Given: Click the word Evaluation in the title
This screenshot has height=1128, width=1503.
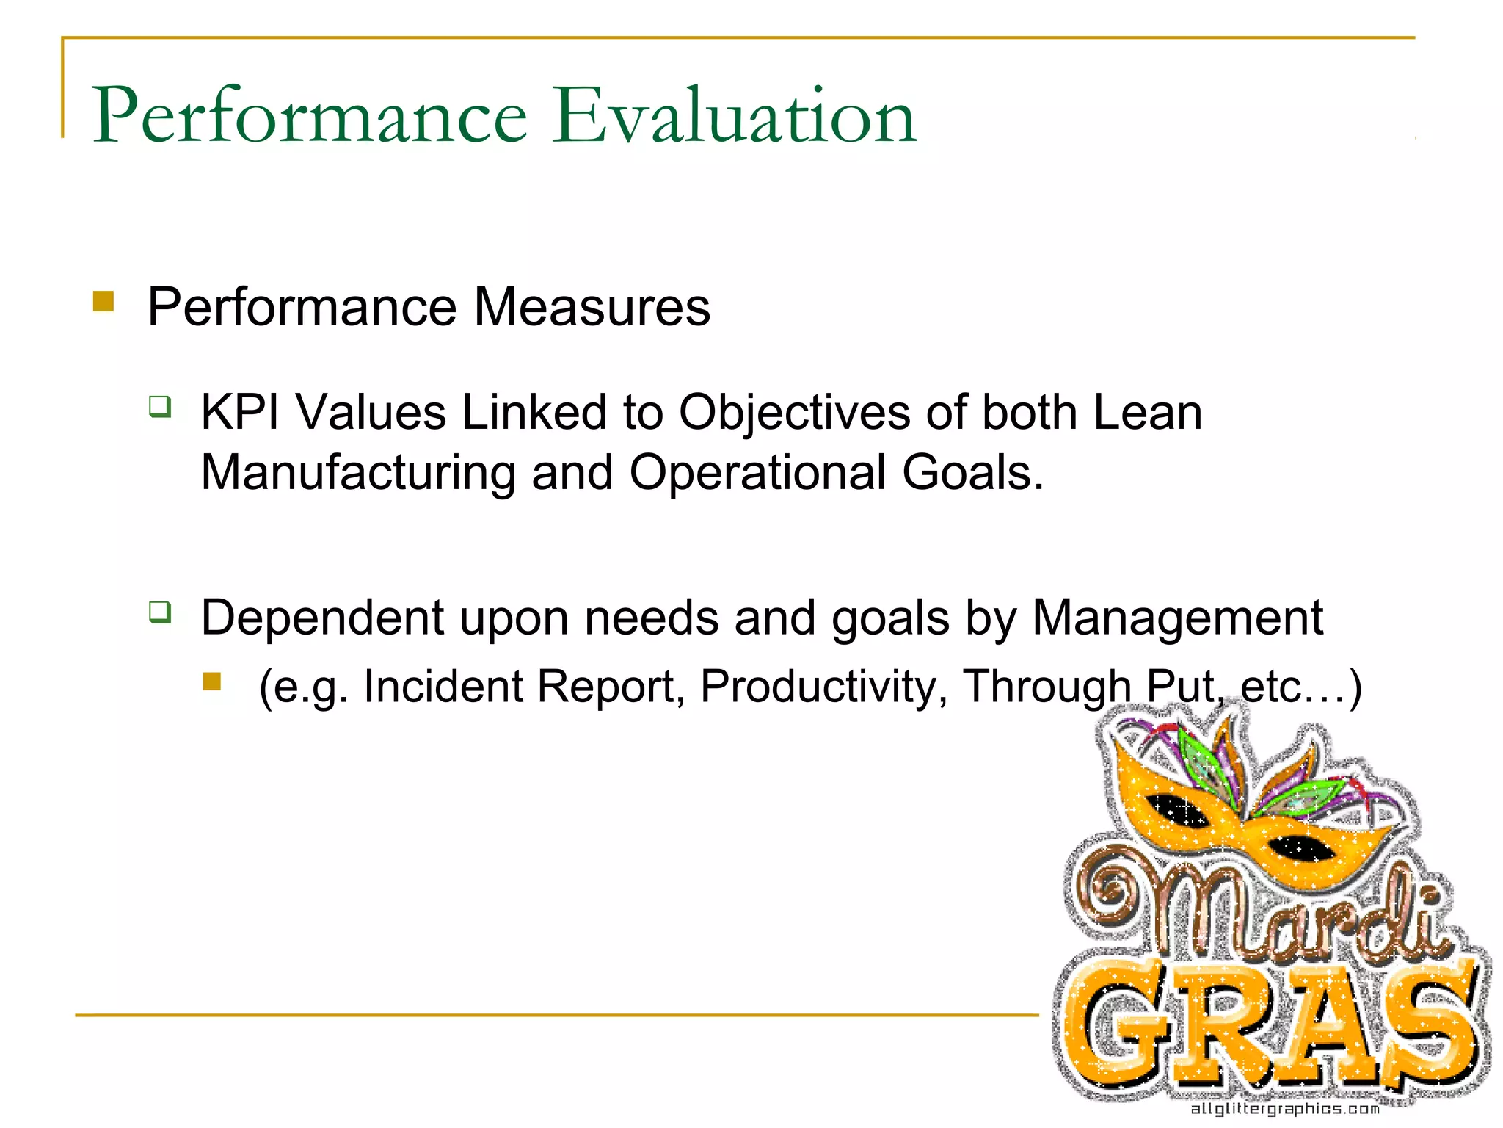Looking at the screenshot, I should click(734, 116).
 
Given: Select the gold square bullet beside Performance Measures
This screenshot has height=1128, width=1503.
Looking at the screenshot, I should click(103, 302).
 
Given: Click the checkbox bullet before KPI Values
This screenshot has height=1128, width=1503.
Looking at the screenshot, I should click(160, 406).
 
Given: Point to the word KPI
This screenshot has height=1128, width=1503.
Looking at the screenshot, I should click(240, 412).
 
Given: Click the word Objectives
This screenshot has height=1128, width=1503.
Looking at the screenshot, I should click(794, 413).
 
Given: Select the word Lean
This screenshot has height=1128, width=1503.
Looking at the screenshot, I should click(1147, 412).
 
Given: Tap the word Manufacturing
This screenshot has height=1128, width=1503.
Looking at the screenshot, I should click(358, 472).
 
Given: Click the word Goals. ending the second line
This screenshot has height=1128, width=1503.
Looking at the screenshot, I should click(972, 472).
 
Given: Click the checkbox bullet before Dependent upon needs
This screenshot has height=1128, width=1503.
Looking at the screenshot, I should click(160, 611).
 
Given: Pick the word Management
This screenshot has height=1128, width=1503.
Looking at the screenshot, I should click(1177, 618).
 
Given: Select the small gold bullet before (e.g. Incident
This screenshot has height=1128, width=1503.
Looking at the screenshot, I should click(212, 681).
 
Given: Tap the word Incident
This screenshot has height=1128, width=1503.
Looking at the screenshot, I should click(444, 687).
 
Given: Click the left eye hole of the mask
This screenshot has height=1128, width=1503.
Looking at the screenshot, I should click(1180, 810).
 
